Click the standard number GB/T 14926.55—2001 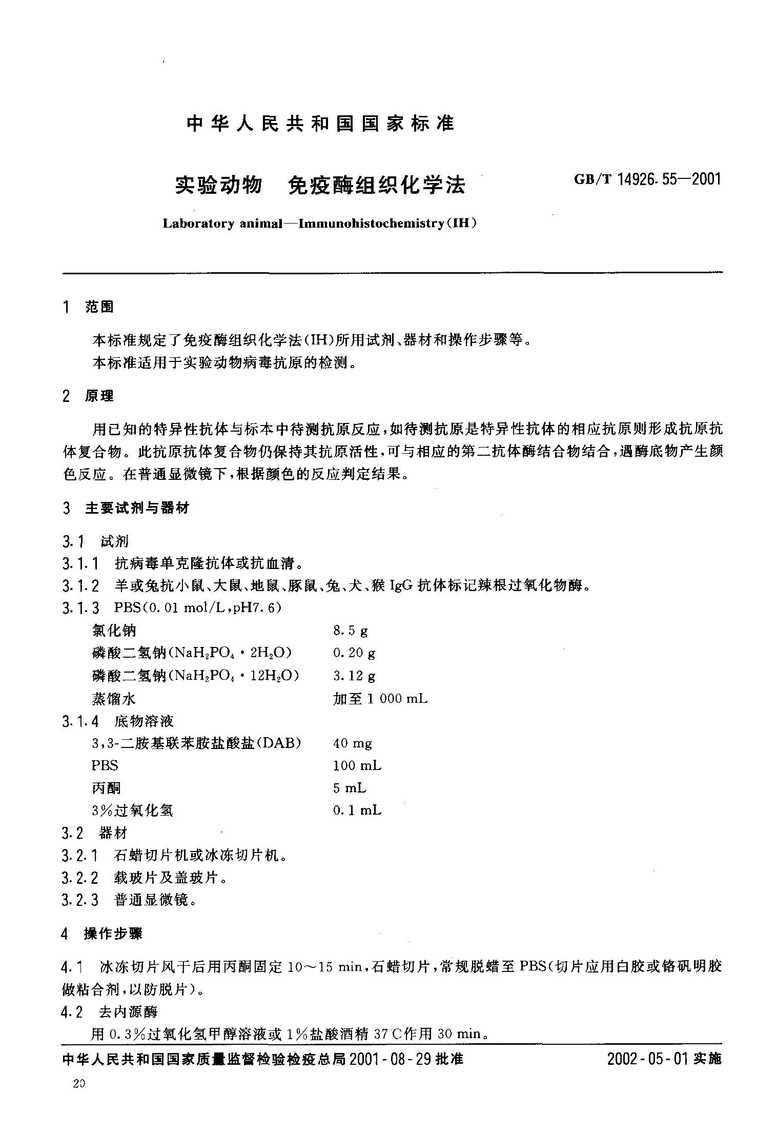[648, 179]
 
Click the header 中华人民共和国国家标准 [320, 124]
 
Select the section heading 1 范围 [88, 307]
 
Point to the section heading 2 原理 [88, 396]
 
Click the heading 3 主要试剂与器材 [126, 508]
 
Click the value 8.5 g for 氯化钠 [351, 631]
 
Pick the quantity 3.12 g [354, 676]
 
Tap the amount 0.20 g [354, 653]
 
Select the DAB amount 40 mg [353, 743]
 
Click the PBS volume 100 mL [357, 766]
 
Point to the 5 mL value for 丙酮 [350, 788]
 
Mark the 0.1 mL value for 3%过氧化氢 [357, 810]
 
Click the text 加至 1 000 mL [380, 698]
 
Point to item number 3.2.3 [80, 900]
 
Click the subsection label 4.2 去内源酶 [109, 1012]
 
